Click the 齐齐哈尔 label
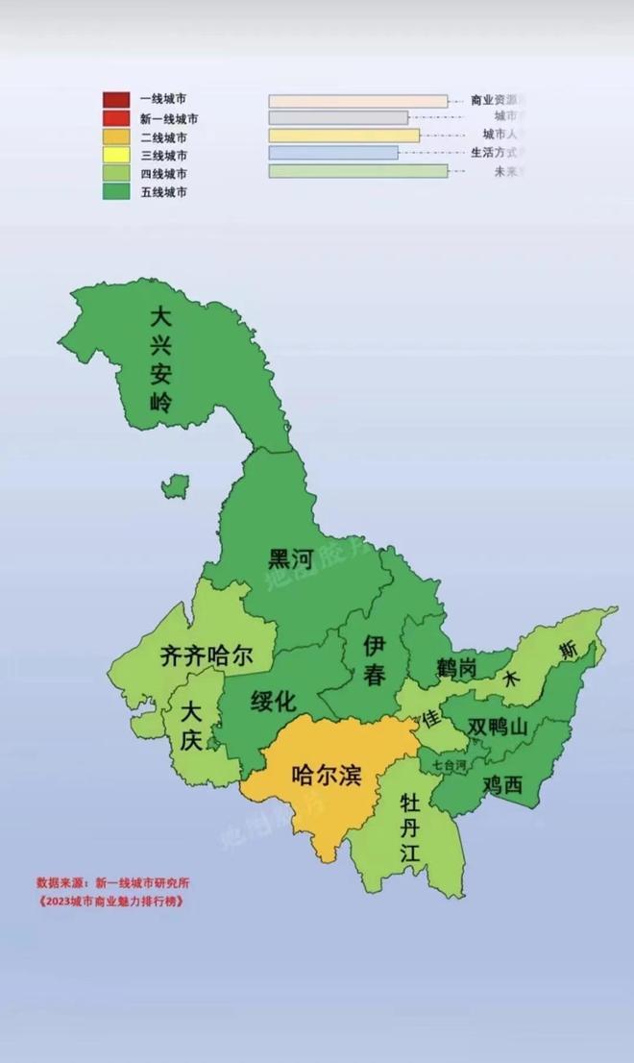point(207,656)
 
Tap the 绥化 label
point(273,701)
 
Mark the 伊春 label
point(375,662)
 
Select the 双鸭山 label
point(498,728)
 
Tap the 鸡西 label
point(502,783)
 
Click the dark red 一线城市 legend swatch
point(117,99)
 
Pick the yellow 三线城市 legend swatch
point(117,155)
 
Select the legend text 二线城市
point(162,136)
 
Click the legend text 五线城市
point(162,192)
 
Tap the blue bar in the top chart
point(332,153)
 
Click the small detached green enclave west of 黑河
point(175,486)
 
